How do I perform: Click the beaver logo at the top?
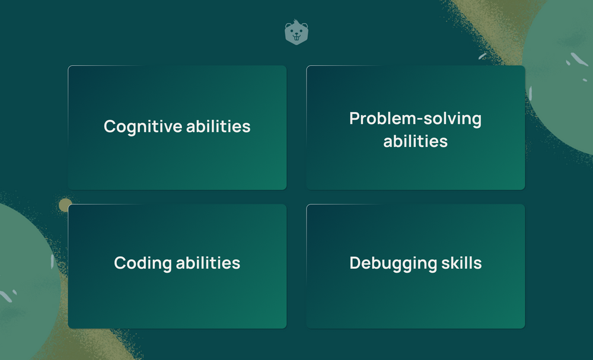[296, 33]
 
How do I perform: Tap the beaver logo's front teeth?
[296, 37]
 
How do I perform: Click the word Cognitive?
[143, 127]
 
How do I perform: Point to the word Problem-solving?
[415, 119]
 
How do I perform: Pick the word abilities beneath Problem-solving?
[415, 141]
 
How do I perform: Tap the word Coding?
[143, 263]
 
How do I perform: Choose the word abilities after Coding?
[208, 262]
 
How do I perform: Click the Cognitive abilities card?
[177, 128]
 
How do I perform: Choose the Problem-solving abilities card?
[416, 128]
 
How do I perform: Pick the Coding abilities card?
[177, 266]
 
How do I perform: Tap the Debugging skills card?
[416, 266]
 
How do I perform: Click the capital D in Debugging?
[355, 263]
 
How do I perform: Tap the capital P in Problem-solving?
[355, 119]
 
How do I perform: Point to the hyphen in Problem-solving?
[418, 120]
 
